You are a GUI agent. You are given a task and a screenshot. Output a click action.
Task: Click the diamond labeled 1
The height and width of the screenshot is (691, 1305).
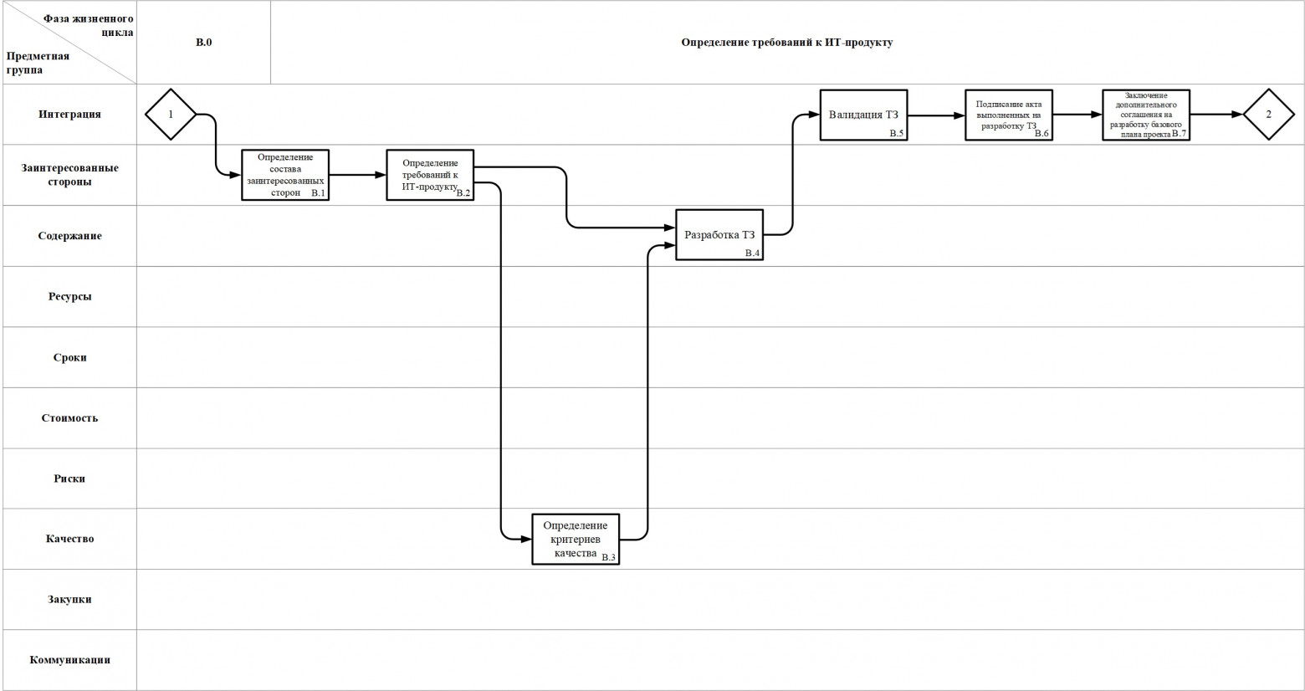click(x=171, y=114)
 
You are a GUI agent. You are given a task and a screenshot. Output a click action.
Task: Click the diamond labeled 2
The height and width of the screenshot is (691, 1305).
click(x=1268, y=115)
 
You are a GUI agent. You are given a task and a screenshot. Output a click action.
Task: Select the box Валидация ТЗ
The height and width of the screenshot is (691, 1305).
click(x=863, y=115)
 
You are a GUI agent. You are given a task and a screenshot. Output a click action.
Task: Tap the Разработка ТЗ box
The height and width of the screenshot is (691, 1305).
click(x=719, y=235)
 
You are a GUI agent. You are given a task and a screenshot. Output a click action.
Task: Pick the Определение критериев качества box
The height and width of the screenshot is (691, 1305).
click(x=576, y=539)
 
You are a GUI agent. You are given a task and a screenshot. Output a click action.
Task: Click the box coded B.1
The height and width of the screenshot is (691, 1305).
click(x=285, y=175)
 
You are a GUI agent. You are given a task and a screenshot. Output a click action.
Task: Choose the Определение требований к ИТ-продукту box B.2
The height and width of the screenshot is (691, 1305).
click(x=430, y=175)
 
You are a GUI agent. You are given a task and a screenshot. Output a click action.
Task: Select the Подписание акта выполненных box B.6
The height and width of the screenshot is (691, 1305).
click(x=1008, y=115)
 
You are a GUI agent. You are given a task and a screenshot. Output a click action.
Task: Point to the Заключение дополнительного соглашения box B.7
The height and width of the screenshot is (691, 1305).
click(x=1145, y=115)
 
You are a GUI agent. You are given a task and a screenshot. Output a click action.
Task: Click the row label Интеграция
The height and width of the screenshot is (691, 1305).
click(x=69, y=115)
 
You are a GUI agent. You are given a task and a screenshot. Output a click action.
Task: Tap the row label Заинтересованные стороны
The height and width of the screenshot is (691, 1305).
click(x=69, y=175)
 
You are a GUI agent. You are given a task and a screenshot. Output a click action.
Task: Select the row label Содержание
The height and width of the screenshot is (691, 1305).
click(x=69, y=236)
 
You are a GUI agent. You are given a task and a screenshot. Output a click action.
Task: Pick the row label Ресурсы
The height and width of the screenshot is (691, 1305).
click(x=69, y=296)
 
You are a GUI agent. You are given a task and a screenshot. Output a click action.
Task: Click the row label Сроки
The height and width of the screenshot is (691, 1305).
click(x=69, y=357)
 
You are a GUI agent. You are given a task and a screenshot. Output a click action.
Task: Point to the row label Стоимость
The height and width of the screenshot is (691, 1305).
click(x=69, y=417)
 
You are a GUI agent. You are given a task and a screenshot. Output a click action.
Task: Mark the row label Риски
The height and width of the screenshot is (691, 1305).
click(x=69, y=479)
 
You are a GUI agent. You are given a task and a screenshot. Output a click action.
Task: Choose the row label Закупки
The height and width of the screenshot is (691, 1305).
click(x=69, y=599)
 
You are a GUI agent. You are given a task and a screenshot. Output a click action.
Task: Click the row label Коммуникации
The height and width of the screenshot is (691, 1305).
click(x=69, y=660)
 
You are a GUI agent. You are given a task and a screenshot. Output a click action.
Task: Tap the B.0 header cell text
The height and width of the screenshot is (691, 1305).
click(x=203, y=42)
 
